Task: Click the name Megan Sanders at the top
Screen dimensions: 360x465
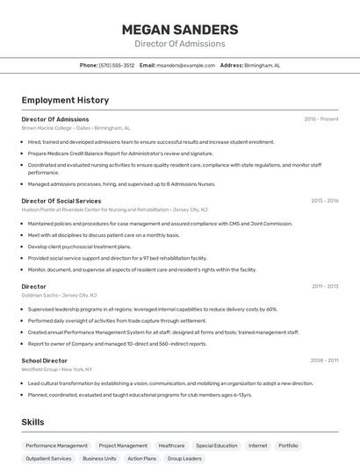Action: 179,29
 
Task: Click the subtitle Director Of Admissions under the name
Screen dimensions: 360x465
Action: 179,44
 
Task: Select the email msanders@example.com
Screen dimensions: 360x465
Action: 185,65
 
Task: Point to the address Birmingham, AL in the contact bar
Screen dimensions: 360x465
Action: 262,65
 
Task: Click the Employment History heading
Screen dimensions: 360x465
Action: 65,100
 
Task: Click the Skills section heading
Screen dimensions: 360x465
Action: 33,422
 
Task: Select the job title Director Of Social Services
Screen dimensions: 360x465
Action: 61,201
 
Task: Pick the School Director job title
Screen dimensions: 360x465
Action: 45,360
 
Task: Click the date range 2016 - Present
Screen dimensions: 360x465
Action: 320,119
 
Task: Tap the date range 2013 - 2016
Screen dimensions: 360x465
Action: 324,201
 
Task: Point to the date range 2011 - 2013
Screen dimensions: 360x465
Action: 325,286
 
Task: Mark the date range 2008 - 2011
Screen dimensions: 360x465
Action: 324,360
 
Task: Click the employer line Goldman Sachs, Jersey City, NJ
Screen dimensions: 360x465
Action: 60,296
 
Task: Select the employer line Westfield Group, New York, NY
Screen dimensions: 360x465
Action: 57,369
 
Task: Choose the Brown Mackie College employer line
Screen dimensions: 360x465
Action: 76,128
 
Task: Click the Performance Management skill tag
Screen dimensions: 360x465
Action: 56,446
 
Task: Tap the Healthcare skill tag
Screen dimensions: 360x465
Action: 171,446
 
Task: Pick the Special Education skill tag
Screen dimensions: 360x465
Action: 216,446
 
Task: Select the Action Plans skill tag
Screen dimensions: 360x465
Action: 141,458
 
